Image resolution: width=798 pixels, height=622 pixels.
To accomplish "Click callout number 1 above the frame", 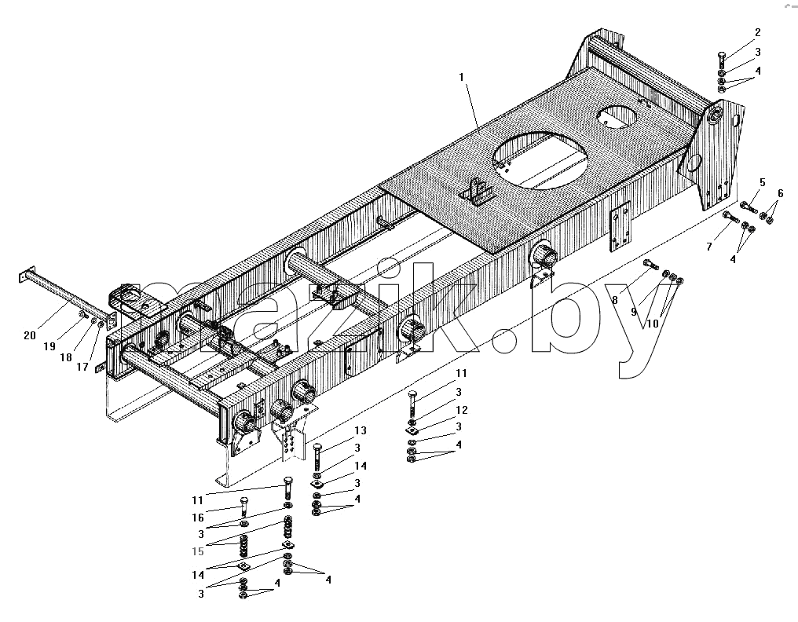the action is click(462, 78).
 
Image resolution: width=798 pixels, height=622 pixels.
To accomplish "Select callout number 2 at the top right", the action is click(758, 32).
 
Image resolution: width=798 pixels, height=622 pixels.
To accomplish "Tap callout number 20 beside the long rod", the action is click(30, 335).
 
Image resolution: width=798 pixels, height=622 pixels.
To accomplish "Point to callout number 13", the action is click(361, 430).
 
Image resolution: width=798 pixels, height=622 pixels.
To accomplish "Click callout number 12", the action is click(462, 410).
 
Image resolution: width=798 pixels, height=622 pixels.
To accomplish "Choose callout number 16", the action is click(198, 518).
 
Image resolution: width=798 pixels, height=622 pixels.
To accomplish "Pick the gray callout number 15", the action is click(198, 551).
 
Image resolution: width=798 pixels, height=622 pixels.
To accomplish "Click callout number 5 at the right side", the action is click(763, 182).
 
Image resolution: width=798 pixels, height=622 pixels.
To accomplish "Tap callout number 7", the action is click(709, 247).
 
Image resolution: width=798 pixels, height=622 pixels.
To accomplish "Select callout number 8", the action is click(615, 300).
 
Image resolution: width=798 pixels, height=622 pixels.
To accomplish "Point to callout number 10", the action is click(653, 324).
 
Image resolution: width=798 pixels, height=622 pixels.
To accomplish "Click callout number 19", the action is click(49, 346).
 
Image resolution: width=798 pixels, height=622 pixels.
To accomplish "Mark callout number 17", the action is click(82, 367).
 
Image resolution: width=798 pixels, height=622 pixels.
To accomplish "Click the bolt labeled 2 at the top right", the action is click(723, 61).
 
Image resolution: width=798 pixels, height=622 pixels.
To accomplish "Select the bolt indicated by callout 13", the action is click(317, 457).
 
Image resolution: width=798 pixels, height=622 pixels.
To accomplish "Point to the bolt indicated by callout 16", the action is click(243, 507).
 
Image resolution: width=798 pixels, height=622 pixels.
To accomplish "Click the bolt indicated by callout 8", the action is click(651, 265).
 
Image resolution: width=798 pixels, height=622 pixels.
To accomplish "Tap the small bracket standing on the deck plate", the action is click(478, 192).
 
